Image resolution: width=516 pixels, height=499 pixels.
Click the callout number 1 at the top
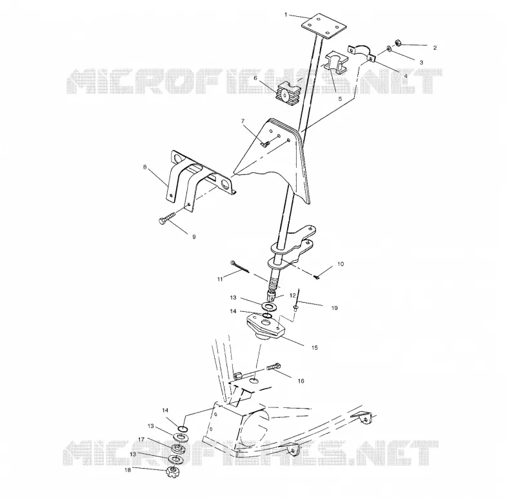pos(286,14)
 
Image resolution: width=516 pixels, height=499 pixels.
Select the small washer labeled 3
pos(390,49)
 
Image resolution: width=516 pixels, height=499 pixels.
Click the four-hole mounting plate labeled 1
pos(324,26)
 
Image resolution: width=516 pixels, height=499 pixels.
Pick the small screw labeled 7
pos(265,143)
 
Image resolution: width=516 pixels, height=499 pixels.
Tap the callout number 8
pos(144,167)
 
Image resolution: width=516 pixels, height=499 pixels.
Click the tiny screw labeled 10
pos(317,278)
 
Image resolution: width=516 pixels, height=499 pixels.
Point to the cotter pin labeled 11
pos(239,267)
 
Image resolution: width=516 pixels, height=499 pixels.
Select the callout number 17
pos(141,440)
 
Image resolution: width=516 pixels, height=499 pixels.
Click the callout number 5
pos(340,99)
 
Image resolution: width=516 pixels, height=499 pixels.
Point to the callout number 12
pos(293,296)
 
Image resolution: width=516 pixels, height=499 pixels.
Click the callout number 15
pos(315,347)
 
